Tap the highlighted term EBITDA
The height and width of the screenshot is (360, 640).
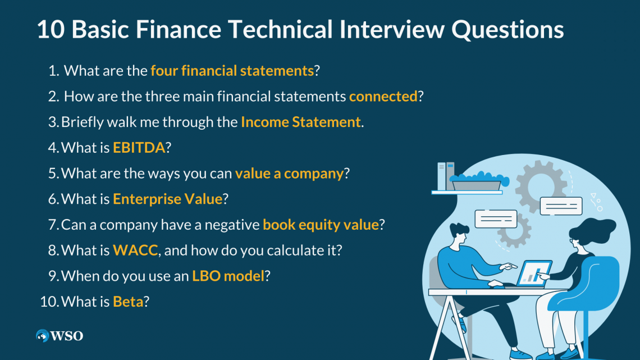click(x=139, y=148)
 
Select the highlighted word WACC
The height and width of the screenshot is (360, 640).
click(x=135, y=250)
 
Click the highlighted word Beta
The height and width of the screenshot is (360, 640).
click(x=128, y=302)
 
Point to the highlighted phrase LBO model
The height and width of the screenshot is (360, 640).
click(x=228, y=276)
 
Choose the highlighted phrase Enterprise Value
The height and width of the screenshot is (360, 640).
click(x=167, y=199)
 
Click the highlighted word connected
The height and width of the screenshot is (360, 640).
click(x=383, y=97)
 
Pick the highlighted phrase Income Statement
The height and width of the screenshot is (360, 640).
click(x=301, y=122)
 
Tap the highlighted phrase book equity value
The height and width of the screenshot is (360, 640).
click(x=321, y=225)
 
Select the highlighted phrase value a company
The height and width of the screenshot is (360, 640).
click(x=289, y=174)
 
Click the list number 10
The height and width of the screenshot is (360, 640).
click(x=49, y=302)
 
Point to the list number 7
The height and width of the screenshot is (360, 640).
click(x=53, y=225)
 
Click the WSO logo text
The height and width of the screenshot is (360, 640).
click(x=67, y=336)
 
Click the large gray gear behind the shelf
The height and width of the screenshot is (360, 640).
click(x=541, y=186)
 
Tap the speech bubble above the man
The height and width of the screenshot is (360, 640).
click(x=496, y=219)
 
